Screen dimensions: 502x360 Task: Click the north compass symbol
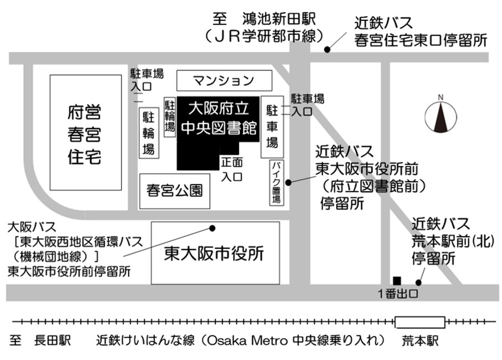coord(440,115)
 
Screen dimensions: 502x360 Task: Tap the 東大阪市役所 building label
coord(214,253)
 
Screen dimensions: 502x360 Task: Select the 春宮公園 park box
coord(175,191)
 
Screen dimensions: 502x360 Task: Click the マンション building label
coord(224,81)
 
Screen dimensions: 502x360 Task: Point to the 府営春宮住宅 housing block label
coord(84,135)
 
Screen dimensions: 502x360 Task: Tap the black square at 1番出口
coord(397,281)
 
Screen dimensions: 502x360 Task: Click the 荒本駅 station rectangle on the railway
coord(420,322)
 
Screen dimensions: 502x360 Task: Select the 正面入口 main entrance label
coord(232,170)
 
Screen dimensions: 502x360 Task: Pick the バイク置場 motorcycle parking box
coord(277,182)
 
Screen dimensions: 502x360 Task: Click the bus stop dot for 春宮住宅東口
coord(327,49)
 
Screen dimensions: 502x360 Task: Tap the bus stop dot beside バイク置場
coord(288,182)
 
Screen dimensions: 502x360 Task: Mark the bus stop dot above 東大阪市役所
coord(212,228)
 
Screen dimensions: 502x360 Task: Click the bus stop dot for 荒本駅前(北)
coord(418,282)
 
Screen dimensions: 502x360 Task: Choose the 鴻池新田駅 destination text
coord(279,19)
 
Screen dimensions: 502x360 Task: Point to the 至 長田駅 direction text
coord(40,341)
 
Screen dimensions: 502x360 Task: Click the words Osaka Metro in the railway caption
coord(247,341)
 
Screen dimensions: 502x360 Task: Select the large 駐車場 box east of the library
coord(272,127)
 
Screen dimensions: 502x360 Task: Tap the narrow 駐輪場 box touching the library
coord(170,116)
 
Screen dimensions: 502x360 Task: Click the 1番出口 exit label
coord(398,293)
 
